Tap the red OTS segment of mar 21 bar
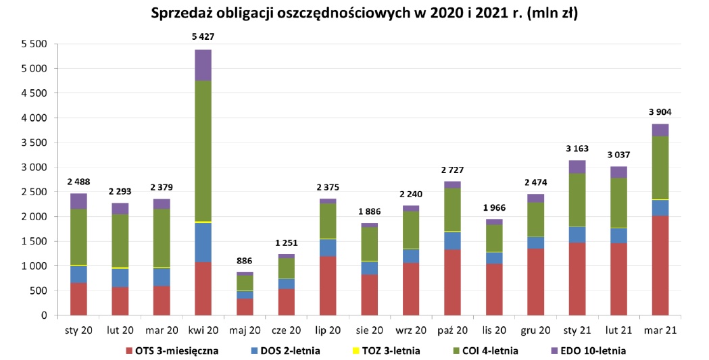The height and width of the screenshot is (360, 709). coord(660,265)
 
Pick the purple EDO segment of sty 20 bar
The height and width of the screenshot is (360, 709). coord(78,201)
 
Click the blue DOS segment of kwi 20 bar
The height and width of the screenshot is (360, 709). coord(203,242)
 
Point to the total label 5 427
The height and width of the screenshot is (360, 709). coord(203,36)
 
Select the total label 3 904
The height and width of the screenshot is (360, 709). coord(660,112)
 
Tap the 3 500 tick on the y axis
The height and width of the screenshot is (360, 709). coord(34,143)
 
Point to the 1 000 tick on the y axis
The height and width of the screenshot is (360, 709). coord(34,266)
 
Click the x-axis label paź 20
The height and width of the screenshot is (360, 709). coord(452,330)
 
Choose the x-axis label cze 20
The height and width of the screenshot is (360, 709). coord(286,330)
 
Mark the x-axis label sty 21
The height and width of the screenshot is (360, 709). coord(577,330)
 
